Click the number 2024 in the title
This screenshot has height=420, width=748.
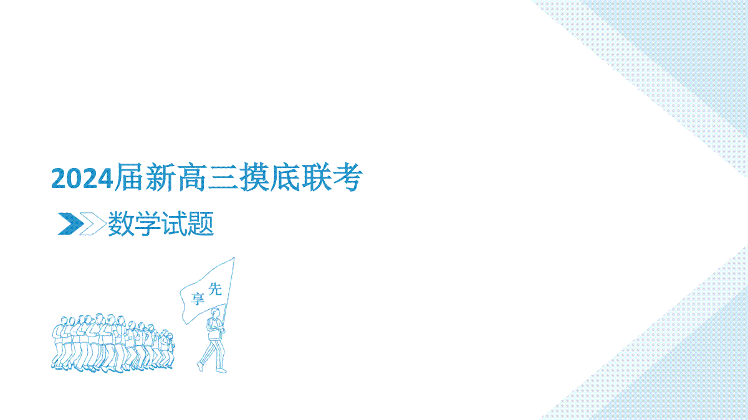82,178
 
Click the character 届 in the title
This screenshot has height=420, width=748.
129,177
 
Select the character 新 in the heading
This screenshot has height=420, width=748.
161,177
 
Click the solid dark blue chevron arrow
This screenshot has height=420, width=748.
72,223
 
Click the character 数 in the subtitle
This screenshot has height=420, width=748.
121,223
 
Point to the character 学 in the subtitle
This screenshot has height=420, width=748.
147,223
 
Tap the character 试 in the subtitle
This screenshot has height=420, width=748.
174,223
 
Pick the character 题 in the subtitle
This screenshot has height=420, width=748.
200,223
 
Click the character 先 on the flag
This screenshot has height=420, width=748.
215,289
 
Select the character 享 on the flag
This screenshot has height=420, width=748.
198,299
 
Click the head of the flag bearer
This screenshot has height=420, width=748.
216,314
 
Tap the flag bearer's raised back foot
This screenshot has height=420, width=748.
200,366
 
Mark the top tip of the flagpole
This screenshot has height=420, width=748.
234,258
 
